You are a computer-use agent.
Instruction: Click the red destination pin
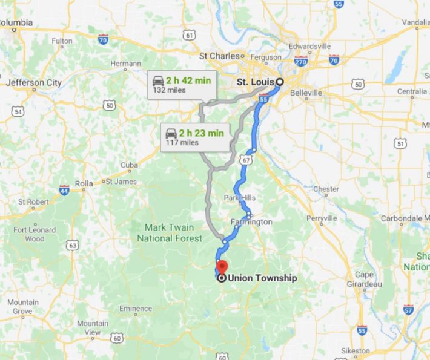coord(222,267)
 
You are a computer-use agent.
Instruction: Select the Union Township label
coord(262,278)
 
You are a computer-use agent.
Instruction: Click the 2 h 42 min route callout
coord(179,84)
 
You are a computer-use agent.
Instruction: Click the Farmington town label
coord(251,222)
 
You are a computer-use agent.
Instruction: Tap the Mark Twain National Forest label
coord(170,233)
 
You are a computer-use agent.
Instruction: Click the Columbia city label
coord(16,23)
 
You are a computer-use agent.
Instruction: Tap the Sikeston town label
coord(356,350)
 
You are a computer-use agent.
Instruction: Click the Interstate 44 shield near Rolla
coord(64,190)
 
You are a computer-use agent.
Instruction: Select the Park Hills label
coord(240,198)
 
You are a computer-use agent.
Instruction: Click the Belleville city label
coord(306,93)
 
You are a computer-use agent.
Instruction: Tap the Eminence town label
coord(136,309)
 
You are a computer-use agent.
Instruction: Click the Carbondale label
coord(405,218)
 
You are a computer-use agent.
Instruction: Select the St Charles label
coord(220,56)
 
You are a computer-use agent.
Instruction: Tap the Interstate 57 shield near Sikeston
coord(408,309)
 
